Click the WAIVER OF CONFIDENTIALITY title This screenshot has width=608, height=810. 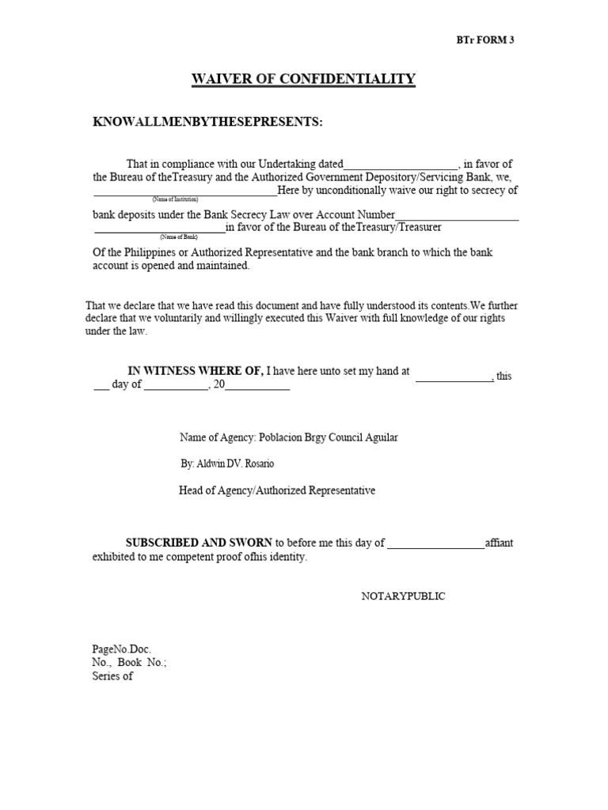tap(304, 78)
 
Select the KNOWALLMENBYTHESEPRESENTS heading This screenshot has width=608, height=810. tap(208, 122)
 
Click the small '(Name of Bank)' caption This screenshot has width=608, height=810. tap(178, 237)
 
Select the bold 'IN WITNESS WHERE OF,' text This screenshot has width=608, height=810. tap(196, 371)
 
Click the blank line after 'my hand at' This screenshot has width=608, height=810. tap(454, 378)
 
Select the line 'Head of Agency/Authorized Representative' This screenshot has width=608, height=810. tap(277, 490)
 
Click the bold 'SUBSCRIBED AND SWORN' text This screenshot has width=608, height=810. tap(199, 543)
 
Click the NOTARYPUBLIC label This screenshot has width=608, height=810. tap(403, 596)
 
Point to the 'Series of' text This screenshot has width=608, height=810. tap(112, 676)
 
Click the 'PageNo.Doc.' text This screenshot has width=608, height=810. tap(122, 649)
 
